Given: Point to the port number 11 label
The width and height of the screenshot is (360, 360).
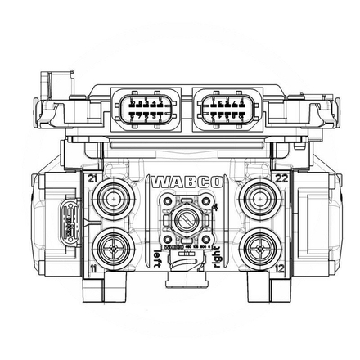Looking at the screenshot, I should click(x=93, y=267).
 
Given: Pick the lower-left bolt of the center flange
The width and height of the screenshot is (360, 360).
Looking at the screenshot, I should click(x=167, y=239).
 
